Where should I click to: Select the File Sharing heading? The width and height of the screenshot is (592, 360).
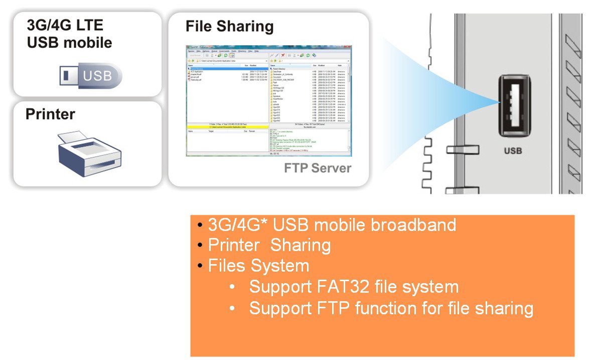pos(229,26)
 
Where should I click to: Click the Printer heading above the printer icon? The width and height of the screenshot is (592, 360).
pos(50,114)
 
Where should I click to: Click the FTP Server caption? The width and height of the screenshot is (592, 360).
pos(318,168)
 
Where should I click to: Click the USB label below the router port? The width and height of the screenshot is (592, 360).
pos(512,150)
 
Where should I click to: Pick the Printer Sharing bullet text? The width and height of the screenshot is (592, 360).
pos(269,246)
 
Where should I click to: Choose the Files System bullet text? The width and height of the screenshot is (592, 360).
pos(258,266)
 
